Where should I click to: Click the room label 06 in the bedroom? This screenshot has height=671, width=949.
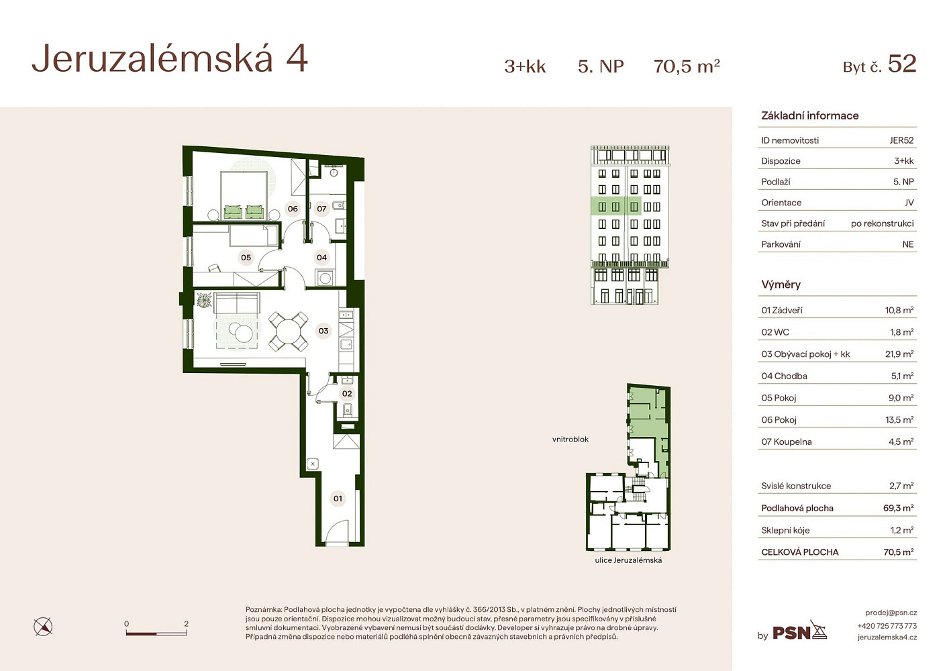(293, 209)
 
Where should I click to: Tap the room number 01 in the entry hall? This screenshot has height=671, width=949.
(338, 499)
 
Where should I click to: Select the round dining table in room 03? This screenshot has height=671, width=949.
(289, 331)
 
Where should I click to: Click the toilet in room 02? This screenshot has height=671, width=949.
(348, 410)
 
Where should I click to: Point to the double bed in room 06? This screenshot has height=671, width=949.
(244, 195)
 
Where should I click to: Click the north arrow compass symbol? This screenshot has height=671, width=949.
(43, 627)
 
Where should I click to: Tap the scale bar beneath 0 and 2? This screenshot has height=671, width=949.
(156, 633)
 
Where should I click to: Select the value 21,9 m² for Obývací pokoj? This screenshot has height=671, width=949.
(899, 354)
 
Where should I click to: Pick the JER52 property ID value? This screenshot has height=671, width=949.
(901, 140)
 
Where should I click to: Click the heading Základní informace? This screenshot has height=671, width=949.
(809, 115)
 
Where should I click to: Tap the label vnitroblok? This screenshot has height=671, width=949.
(570, 440)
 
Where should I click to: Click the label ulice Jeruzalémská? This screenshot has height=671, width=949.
(628, 560)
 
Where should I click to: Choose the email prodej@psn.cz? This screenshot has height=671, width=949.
(891, 613)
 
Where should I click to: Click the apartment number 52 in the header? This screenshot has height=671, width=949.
(902, 64)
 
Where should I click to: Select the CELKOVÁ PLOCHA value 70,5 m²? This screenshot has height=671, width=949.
(898, 552)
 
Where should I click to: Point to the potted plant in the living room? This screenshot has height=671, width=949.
(204, 299)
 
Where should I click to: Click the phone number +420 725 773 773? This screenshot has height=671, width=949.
(887, 625)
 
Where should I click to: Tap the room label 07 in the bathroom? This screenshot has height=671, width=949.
(321, 209)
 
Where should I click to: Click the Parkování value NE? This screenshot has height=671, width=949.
(908, 244)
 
